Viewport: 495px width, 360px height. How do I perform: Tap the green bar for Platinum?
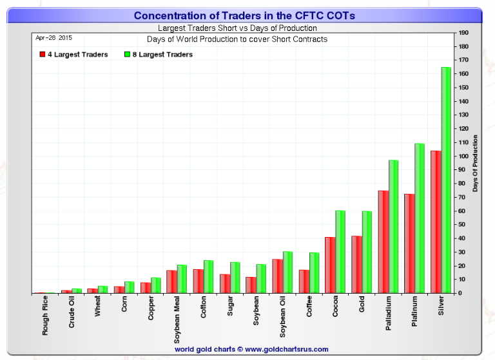(x=419, y=218)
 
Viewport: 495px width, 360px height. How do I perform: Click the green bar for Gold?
(x=367, y=252)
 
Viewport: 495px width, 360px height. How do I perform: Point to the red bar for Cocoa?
(x=330, y=265)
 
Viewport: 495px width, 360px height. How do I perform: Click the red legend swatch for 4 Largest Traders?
(x=42, y=55)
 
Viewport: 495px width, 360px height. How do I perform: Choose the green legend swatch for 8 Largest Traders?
(x=127, y=55)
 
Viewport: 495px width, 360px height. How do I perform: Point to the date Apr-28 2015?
(x=53, y=38)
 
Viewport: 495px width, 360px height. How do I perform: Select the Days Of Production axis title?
(x=475, y=162)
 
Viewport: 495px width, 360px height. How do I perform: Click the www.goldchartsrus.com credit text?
(x=251, y=349)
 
